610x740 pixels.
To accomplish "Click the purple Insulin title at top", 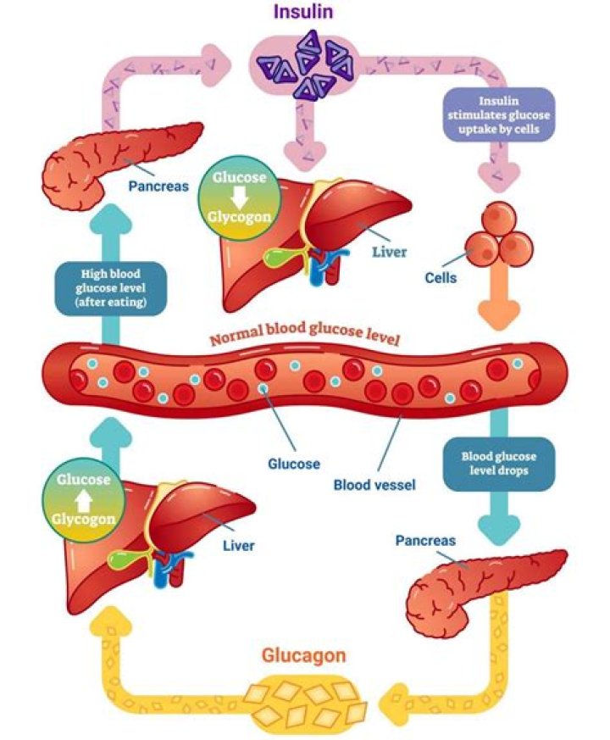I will [x=302, y=13].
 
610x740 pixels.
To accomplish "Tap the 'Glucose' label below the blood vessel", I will [x=294, y=464].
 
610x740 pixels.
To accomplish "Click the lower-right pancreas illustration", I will [x=483, y=586].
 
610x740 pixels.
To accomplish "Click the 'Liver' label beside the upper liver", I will [x=390, y=252].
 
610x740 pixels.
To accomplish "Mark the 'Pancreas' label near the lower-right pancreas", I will [x=425, y=540].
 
